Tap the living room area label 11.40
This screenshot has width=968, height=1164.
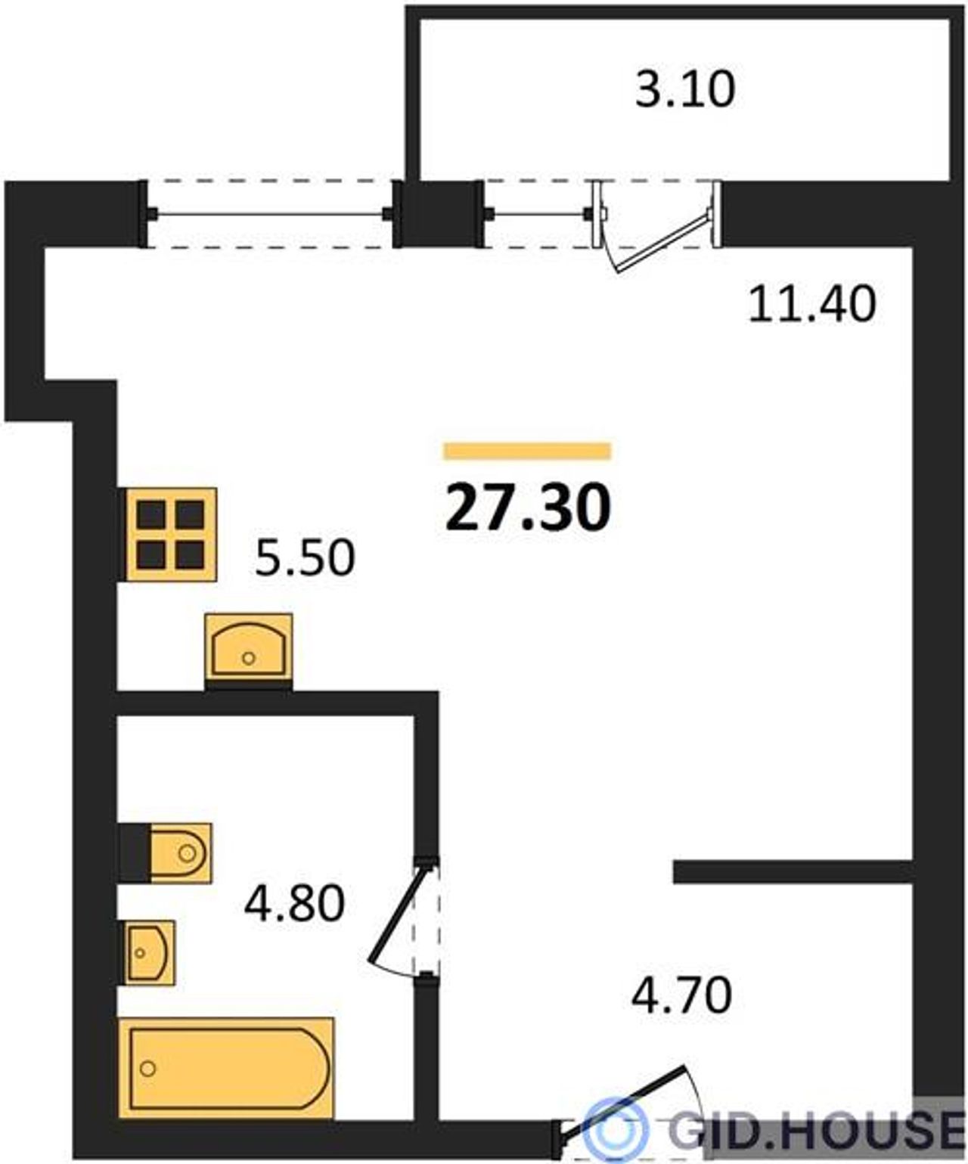812,304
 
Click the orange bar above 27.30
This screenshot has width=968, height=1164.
528,451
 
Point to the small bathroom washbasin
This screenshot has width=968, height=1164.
150,953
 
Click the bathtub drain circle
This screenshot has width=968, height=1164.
147,1069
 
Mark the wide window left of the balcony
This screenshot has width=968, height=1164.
270,213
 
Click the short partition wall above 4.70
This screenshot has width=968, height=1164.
793,872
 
